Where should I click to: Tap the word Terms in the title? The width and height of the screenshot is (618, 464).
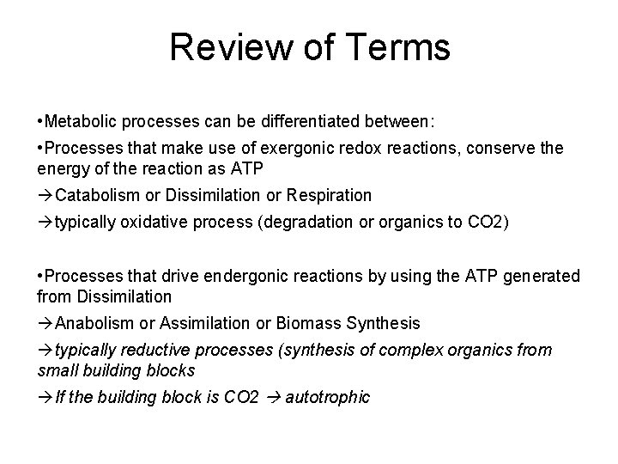pos(398,47)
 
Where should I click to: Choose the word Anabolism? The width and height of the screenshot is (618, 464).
pos(97,322)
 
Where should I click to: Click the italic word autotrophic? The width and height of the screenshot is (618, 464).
pos(330,396)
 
